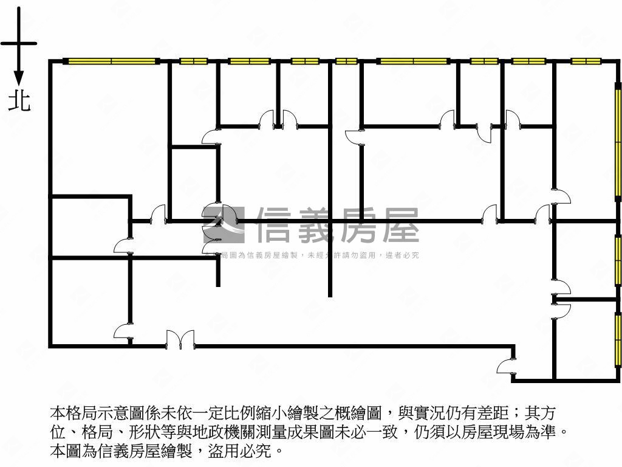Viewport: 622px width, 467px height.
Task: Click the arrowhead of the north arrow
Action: [19, 78]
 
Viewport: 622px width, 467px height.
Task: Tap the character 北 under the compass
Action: [19, 100]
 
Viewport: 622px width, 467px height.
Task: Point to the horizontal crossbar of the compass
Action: [19, 43]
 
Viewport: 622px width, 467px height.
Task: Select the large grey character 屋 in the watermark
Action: [400, 225]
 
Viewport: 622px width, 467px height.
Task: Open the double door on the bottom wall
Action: [180, 339]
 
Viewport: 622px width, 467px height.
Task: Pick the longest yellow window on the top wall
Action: [111, 61]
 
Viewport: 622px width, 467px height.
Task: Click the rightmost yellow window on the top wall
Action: [586, 61]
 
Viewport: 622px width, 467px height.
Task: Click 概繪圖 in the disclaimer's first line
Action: [359, 413]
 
